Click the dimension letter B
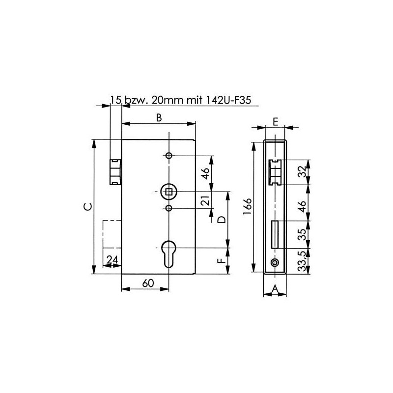point(159,117)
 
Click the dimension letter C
point(87,206)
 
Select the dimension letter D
point(222,220)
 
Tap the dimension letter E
point(276,122)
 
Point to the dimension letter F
point(222,261)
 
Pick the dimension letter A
point(275,289)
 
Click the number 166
point(248,206)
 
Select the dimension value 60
point(148,283)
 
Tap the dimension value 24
point(112,260)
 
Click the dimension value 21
point(205,200)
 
